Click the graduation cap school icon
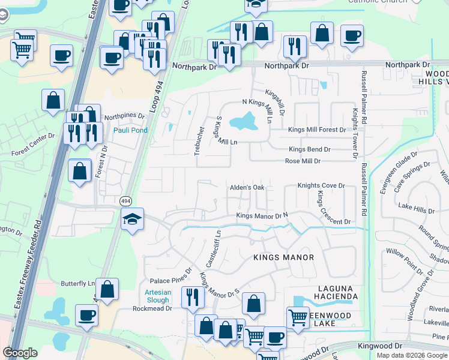[132, 220]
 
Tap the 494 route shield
[125, 201]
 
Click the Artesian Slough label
[157, 296]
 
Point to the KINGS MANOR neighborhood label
[284, 257]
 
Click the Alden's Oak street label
[247, 188]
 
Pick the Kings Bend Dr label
[309, 149]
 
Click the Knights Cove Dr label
[321, 186]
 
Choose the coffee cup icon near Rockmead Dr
[86, 315]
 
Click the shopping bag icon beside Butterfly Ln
[107, 289]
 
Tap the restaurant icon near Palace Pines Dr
[193, 296]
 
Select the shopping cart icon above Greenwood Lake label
[298, 317]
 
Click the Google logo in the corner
[20, 353]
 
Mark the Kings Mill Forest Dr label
[317, 130]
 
